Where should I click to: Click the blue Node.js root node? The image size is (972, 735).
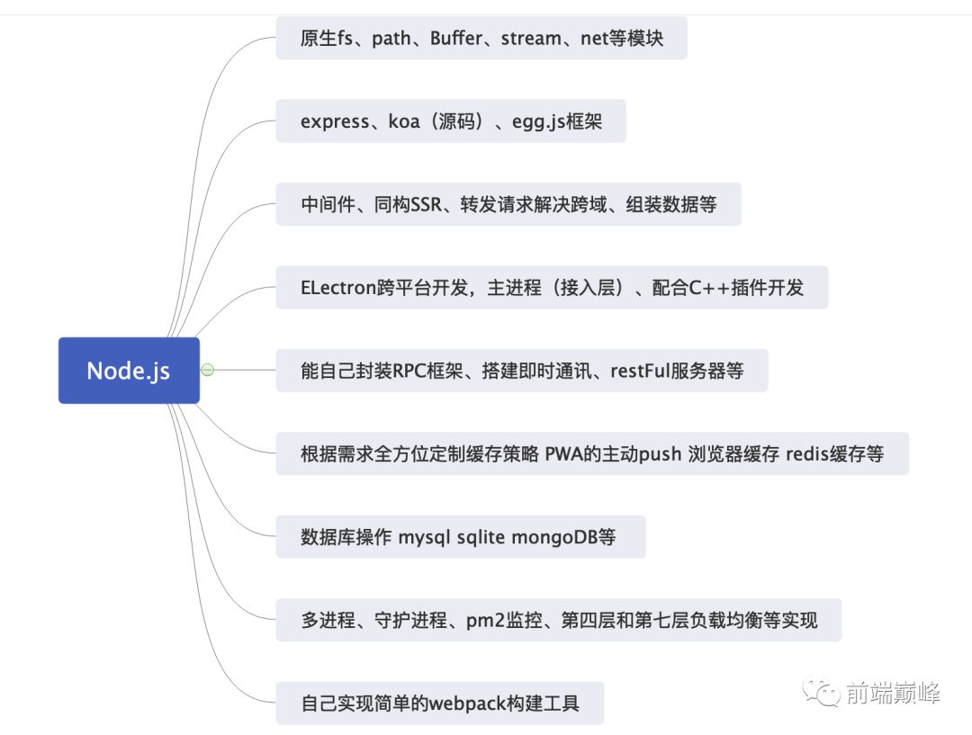(x=129, y=370)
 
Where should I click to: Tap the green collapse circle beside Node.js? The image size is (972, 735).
(x=208, y=370)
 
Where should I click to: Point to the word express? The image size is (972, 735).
(x=334, y=121)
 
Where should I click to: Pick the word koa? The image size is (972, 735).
(x=404, y=121)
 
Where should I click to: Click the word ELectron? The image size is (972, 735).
(x=337, y=288)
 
